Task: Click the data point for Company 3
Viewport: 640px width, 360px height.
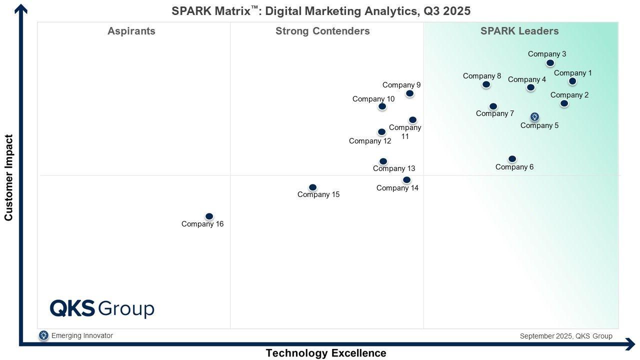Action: pos(550,63)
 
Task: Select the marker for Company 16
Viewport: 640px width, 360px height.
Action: pos(209,216)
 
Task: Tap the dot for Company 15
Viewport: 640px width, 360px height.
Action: pos(312,187)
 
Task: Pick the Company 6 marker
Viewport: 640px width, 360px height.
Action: pos(512,159)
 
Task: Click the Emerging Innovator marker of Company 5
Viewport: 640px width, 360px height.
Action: pos(534,117)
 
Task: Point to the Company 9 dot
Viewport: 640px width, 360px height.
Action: pos(409,93)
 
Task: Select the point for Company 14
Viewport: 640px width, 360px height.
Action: pos(406,180)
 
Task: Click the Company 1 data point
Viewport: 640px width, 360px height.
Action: pos(572,81)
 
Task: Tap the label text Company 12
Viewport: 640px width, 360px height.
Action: pos(370,141)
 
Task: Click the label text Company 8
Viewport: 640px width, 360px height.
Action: pos(481,76)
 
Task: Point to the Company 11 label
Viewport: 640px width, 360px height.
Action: pos(405,131)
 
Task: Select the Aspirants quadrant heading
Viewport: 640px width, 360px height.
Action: pos(131,31)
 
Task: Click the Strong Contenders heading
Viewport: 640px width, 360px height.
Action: pos(322,31)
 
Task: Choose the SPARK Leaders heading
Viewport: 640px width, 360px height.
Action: pos(519,31)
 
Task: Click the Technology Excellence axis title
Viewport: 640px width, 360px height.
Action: pos(326,353)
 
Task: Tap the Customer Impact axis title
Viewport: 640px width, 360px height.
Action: pos(8,177)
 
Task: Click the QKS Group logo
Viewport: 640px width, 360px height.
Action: pos(102,308)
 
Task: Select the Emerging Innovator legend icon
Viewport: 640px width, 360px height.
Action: pos(43,335)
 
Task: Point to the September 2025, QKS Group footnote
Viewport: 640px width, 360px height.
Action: pos(565,336)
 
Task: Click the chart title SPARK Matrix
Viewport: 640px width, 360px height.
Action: pos(321,11)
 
